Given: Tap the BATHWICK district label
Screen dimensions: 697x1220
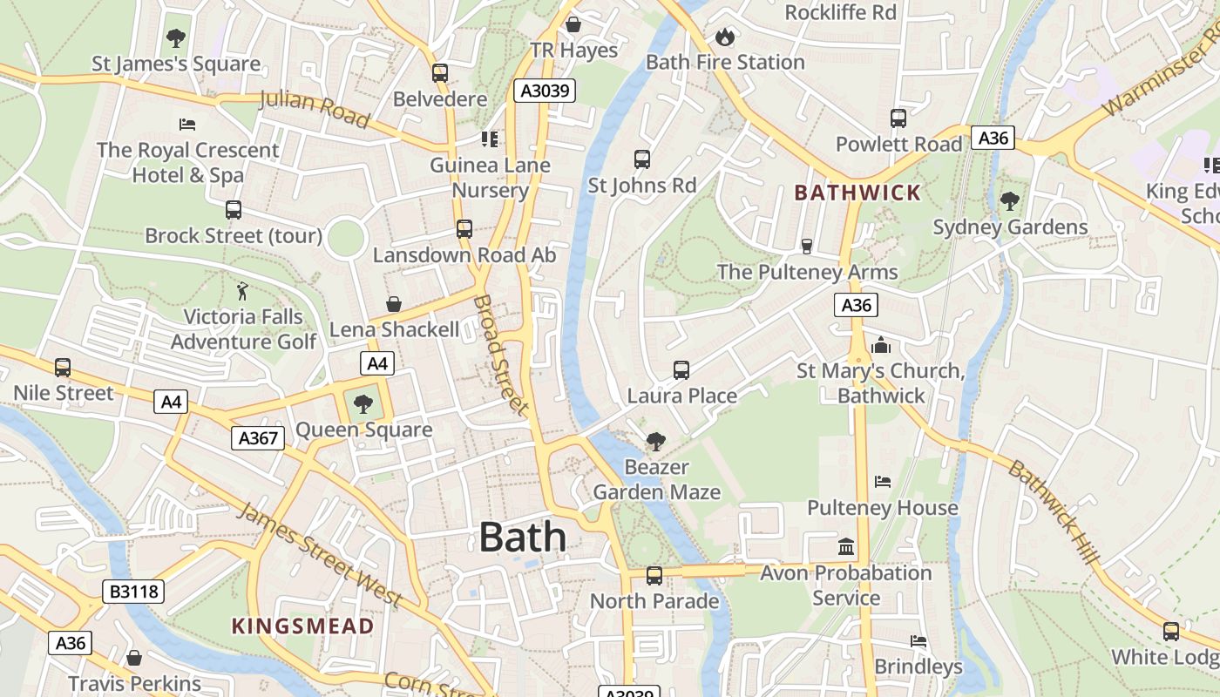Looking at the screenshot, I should [x=857, y=193].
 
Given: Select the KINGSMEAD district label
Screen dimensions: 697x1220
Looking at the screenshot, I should [x=302, y=626].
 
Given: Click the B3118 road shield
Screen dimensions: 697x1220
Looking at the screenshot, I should [x=133, y=592].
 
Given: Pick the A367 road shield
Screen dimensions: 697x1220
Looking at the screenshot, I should [x=259, y=438].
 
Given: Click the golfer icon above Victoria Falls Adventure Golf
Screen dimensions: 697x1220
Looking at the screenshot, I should [x=243, y=291].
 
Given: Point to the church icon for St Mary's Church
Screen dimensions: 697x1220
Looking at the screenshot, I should [x=881, y=345].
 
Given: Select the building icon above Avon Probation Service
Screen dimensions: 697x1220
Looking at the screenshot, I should [x=846, y=547].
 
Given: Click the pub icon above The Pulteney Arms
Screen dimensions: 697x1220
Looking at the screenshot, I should [x=807, y=247].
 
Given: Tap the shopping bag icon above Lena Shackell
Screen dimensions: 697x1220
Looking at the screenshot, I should [x=394, y=304].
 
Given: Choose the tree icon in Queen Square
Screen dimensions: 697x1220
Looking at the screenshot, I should [x=363, y=403].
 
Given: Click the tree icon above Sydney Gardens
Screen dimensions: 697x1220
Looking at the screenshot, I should [x=1010, y=201].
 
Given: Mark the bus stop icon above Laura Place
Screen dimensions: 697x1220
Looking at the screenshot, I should [x=681, y=370].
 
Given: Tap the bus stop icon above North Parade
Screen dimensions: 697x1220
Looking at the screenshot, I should [x=654, y=576].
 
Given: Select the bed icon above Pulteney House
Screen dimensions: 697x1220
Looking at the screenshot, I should [x=883, y=482].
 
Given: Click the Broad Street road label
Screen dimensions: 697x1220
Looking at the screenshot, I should [x=501, y=355].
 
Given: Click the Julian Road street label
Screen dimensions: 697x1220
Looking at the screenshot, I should [x=315, y=109].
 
